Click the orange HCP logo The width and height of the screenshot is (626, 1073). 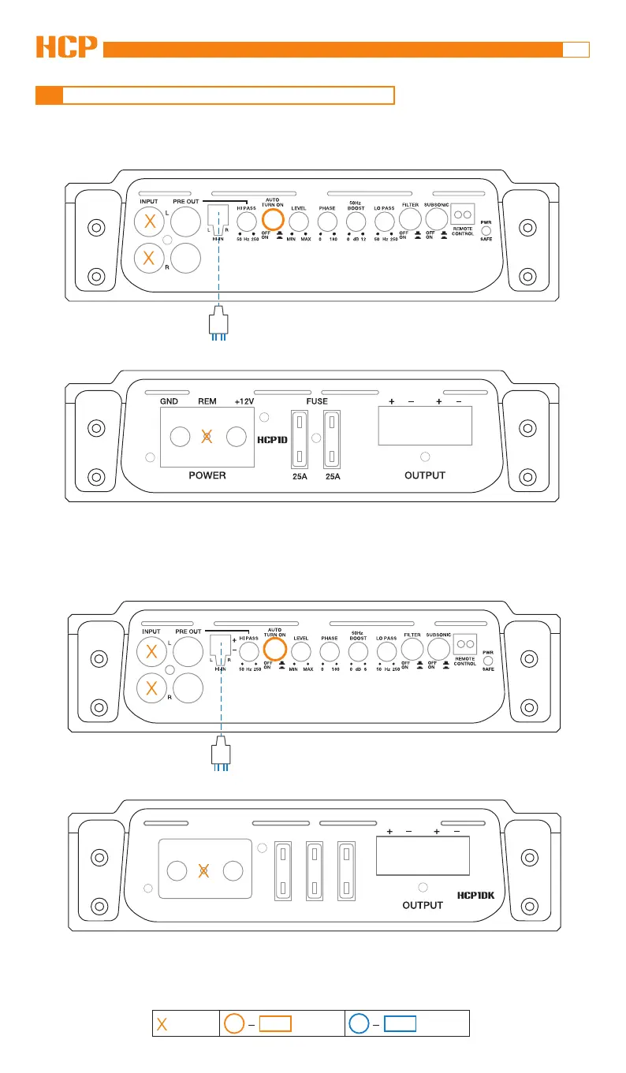pos(67,47)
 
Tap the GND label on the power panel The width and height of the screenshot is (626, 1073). pos(170,401)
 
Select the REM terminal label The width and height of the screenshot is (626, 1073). pos(207,401)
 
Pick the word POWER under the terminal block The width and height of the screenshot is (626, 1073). pos(207,475)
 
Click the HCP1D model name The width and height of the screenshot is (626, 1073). pos(275,440)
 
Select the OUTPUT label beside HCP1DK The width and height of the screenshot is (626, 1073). pos(423,905)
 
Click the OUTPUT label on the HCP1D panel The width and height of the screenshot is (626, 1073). pos(425,475)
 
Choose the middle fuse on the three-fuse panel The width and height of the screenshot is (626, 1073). pos(315,870)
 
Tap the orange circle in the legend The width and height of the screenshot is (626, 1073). pos(234,1024)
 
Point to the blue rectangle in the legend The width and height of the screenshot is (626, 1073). pos(401,1024)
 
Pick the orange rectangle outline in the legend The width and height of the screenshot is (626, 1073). pos(275,1024)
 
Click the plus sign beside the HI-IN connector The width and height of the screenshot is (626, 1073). pos(234,640)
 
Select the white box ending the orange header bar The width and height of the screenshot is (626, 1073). pos(576,50)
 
